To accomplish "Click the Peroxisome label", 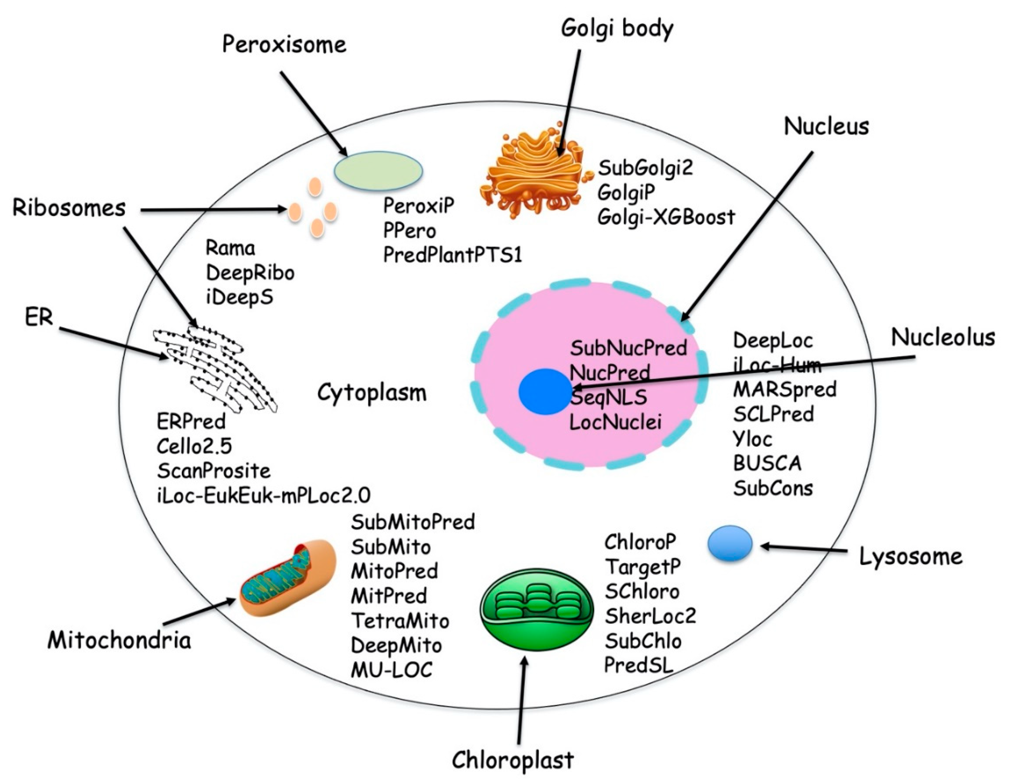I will (284, 45).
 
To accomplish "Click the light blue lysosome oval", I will (730, 543).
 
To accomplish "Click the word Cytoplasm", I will (372, 393).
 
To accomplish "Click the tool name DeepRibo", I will (250, 273).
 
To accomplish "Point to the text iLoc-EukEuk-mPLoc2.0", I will (263, 496).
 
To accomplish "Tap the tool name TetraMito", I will (400, 620).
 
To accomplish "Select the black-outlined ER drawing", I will (215, 369).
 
